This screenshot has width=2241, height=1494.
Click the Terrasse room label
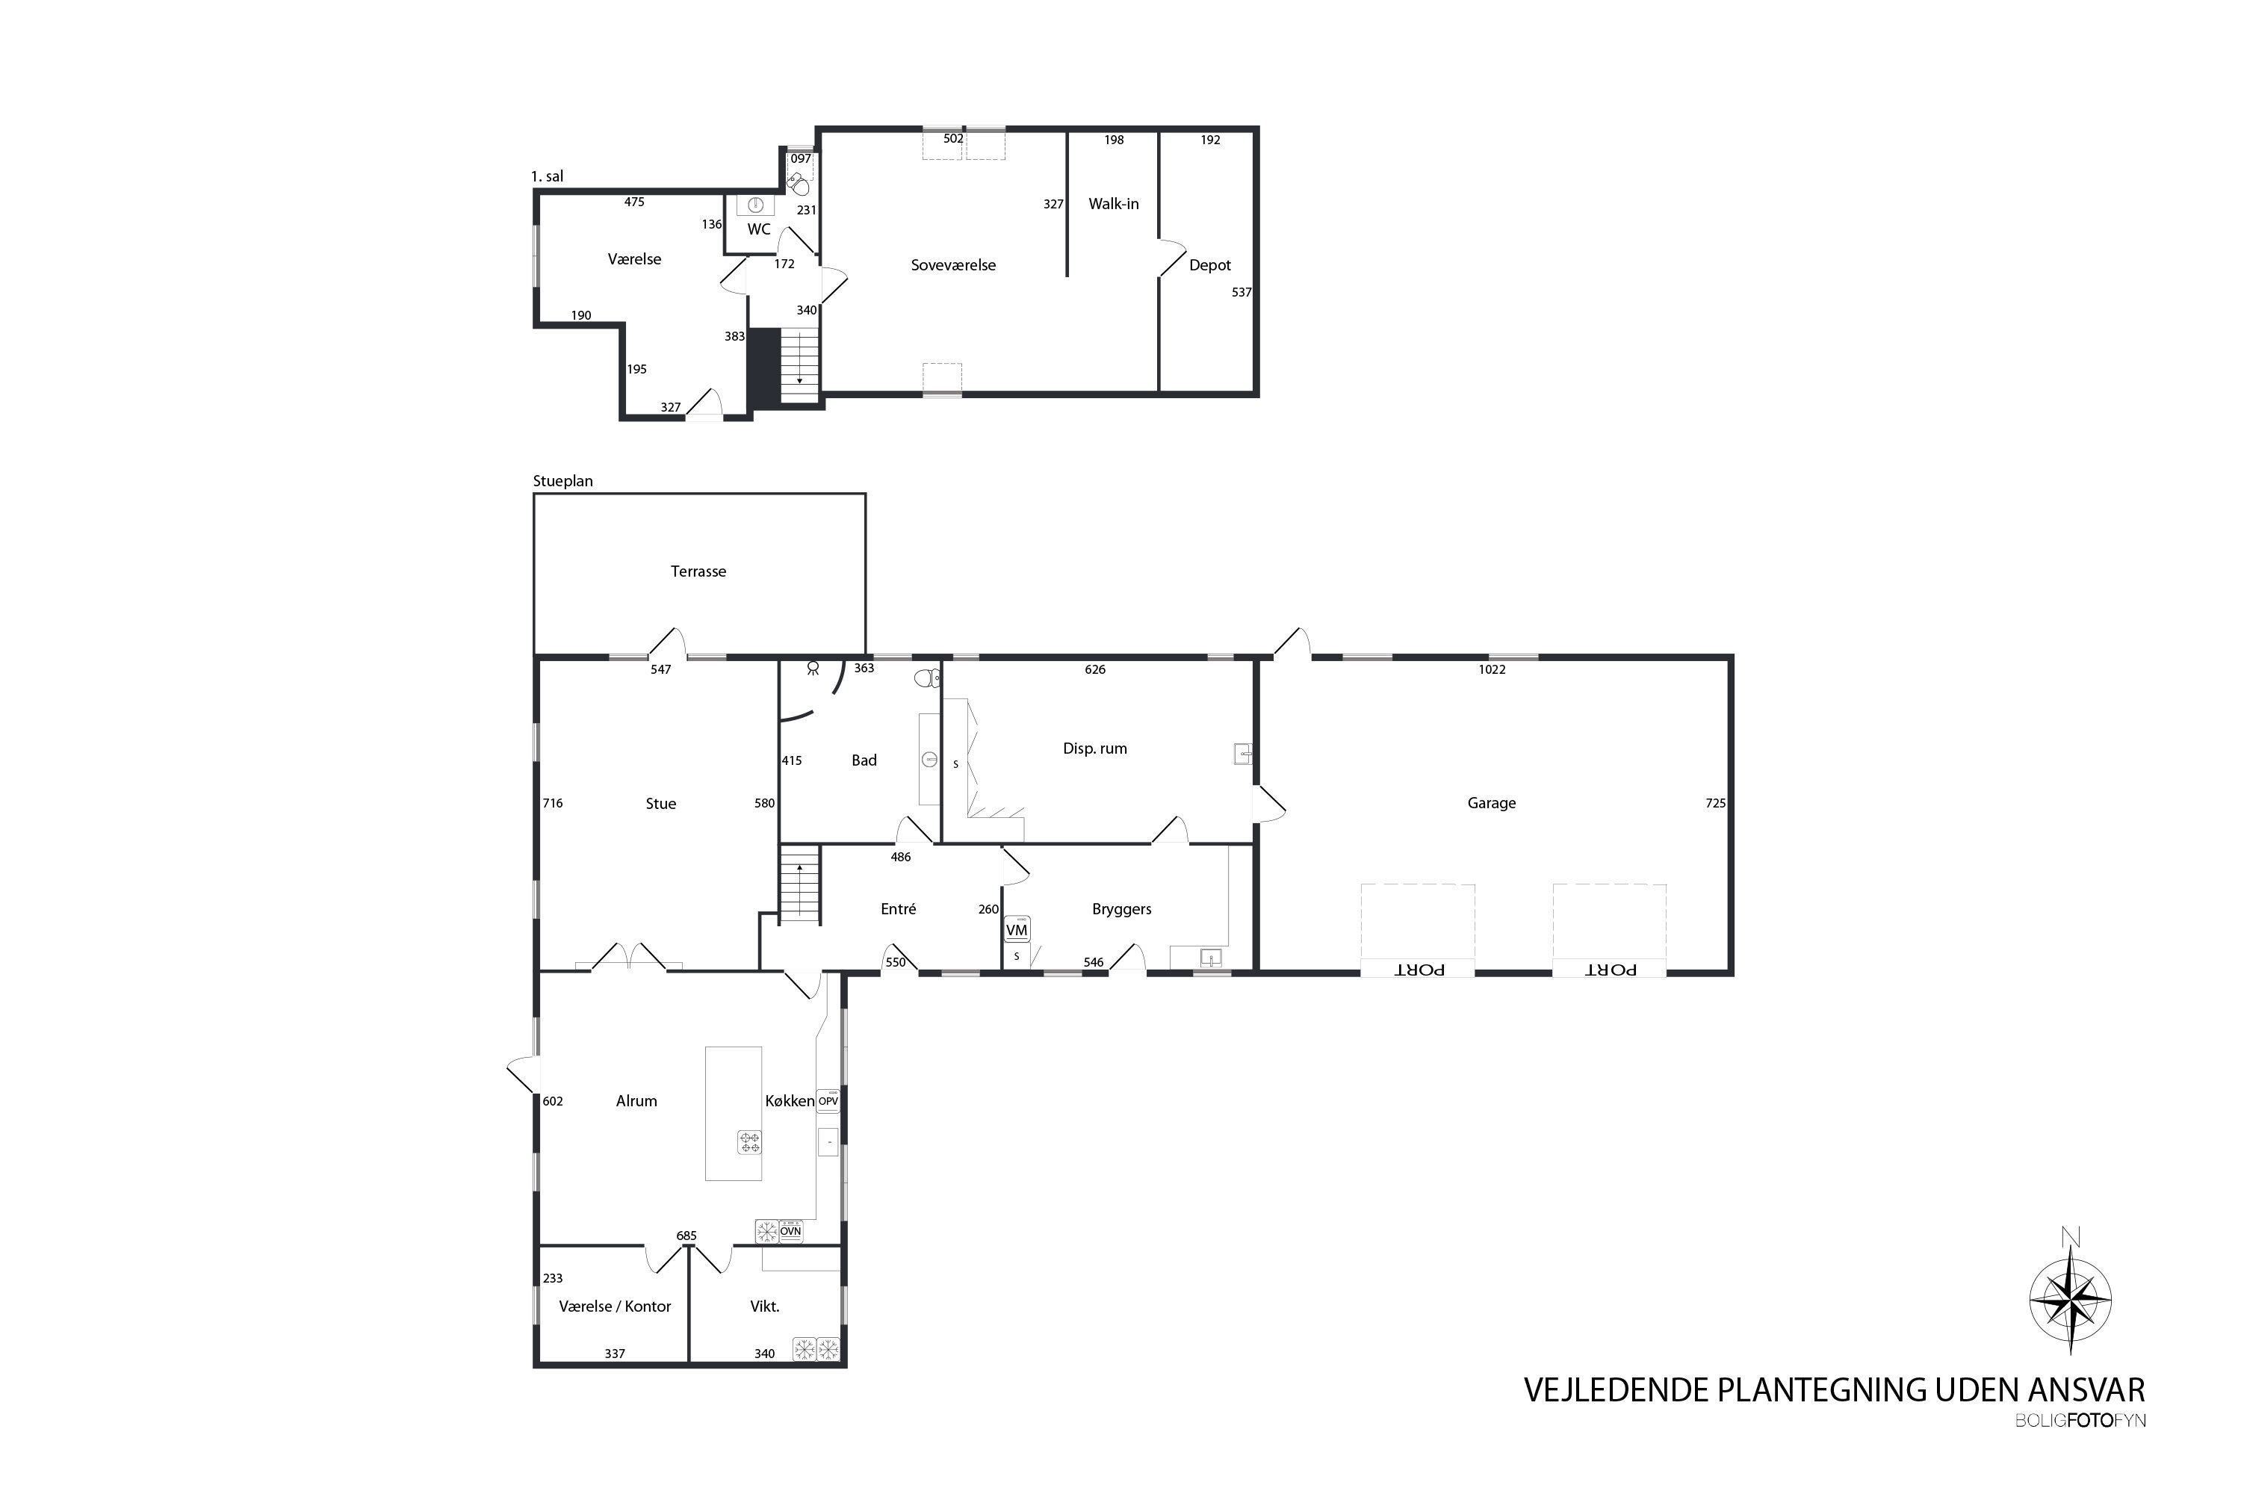tap(698, 571)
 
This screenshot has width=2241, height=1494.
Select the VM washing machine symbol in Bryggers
tap(1017, 929)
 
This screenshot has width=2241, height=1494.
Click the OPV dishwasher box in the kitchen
tap(828, 1100)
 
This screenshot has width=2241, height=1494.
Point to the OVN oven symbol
tap(791, 1231)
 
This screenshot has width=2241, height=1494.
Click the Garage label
tap(1491, 803)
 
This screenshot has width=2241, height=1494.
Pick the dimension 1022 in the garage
tap(1492, 670)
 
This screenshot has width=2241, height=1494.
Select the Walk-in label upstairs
tap(1114, 204)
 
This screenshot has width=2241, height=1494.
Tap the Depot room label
tap(1210, 266)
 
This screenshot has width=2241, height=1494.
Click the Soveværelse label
tap(953, 266)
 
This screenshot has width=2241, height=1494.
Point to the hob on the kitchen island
tap(750, 1141)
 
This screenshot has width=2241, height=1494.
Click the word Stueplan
tap(563, 481)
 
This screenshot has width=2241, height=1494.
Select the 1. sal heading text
tap(547, 176)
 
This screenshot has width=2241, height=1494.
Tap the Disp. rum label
tap(1095, 749)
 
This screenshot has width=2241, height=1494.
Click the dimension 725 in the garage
tap(1715, 803)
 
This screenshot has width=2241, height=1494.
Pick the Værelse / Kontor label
tap(615, 1307)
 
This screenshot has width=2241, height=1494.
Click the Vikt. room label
tap(765, 1307)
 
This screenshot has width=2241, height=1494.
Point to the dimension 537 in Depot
tap(1241, 293)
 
